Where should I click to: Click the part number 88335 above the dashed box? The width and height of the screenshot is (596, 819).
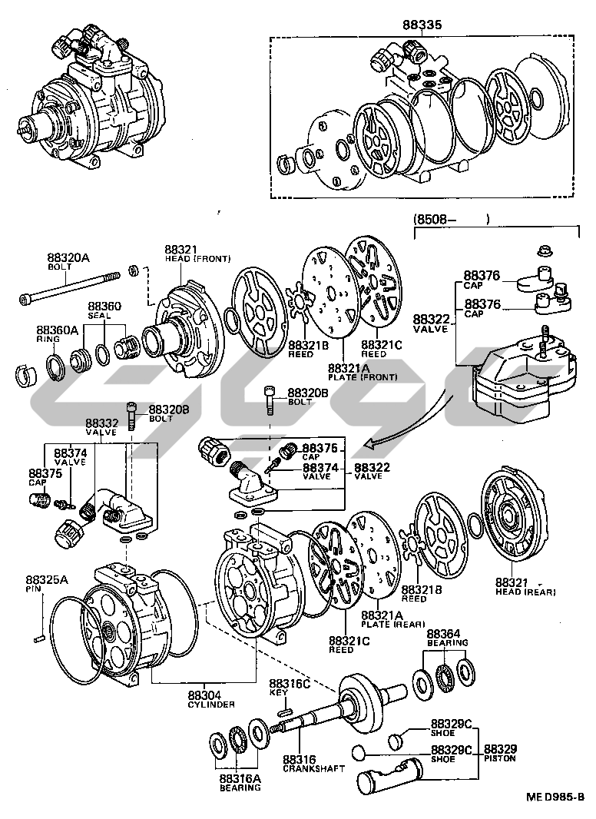[x=422, y=25]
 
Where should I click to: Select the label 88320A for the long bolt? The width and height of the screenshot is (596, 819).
[x=68, y=258]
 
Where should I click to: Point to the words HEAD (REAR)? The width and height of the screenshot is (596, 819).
[x=525, y=592]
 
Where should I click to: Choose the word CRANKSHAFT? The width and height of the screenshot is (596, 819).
[x=314, y=768]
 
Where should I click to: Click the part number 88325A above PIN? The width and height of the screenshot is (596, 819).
[x=46, y=579]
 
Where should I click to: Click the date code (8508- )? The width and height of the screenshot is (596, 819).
[x=452, y=220]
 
